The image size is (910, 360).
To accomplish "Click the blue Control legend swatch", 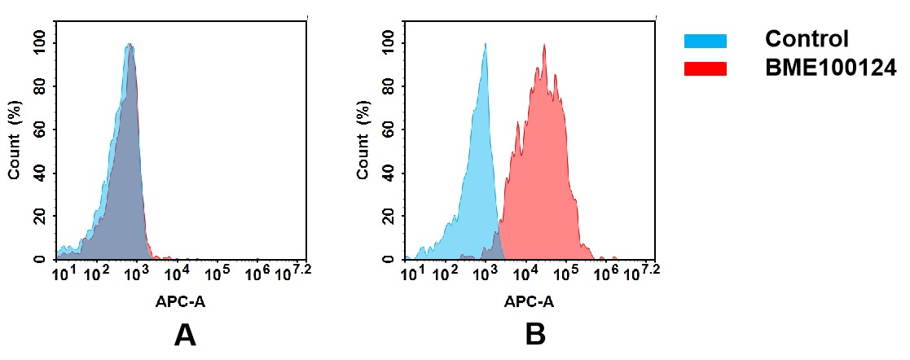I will coord(705,41).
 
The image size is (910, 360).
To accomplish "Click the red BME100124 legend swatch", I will coord(705,69).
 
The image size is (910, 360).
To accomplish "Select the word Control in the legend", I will coord(807,39).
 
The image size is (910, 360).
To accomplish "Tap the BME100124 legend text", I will coord(830,69).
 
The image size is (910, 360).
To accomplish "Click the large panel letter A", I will coord(185,335).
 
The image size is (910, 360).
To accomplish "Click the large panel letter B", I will coord(534,335).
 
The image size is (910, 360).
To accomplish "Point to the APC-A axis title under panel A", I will coord(181,301).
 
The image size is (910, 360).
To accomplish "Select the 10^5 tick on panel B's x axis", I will coord(566,273).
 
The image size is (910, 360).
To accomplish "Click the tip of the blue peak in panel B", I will coord(485,44).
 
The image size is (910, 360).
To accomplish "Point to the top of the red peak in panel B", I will coord(544,45).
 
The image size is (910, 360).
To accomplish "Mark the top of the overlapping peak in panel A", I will coord(129,44).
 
